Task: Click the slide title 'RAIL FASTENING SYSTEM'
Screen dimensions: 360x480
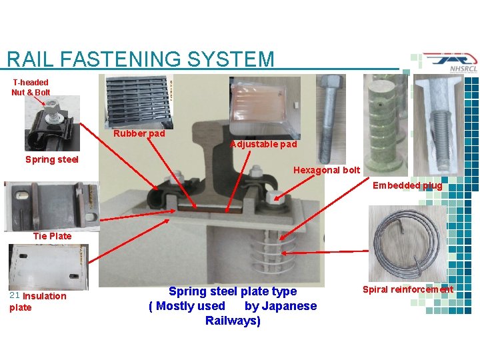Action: click(x=140, y=59)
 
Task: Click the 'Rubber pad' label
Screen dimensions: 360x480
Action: click(x=139, y=133)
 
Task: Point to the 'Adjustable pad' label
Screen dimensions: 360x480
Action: click(x=263, y=144)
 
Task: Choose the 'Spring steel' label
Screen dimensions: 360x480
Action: click(x=51, y=159)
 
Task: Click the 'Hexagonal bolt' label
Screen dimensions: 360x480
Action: click(x=327, y=170)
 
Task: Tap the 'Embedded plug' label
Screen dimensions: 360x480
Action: click(x=407, y=186)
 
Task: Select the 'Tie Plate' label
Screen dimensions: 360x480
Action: click(x=52, y=236)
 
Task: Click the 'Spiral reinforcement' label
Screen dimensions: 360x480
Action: click(x=407, y=289)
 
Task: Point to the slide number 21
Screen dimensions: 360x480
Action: click(x=14, y=295)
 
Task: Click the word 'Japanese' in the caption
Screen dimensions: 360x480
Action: click(x=289, y=306)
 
